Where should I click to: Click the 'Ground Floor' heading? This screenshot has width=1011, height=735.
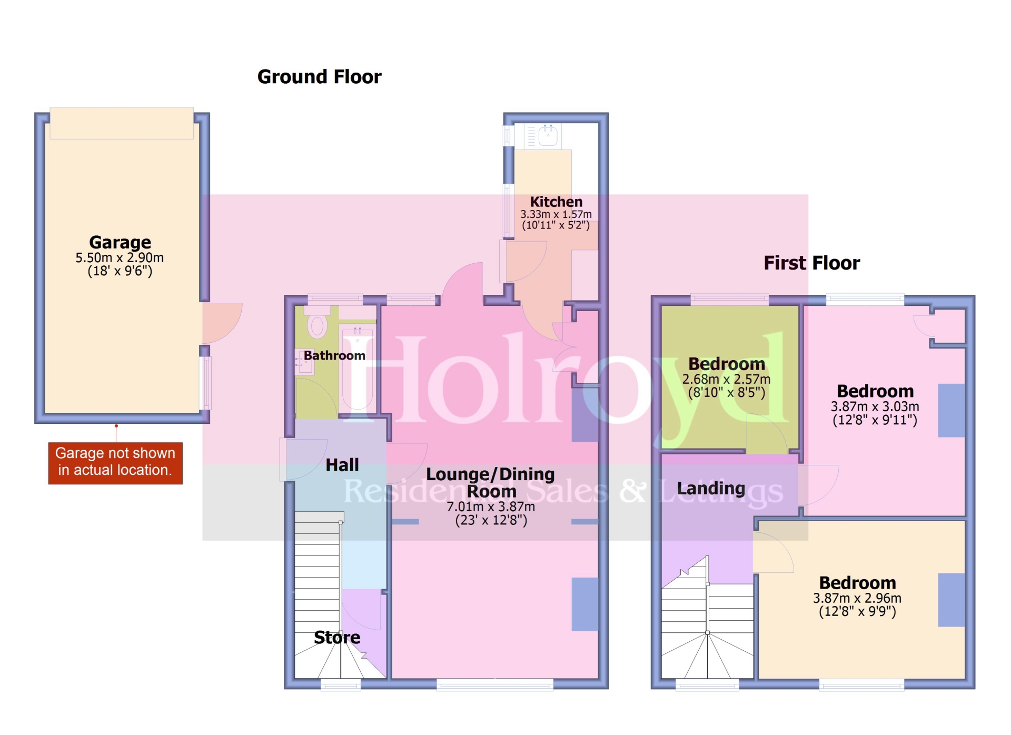[x=319, y=77]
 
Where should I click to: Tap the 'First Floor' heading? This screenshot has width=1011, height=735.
[x=811, y=263]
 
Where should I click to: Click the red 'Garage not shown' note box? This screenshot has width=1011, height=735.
[x=115, y=463]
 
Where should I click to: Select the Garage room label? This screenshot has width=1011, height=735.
[x=120, y=242]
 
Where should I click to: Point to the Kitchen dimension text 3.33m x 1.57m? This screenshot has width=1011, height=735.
[x=556, y=214]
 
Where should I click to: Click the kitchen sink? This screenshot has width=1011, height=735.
[x=548, y=135]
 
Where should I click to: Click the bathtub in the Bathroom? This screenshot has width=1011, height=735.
[x=358, y=369]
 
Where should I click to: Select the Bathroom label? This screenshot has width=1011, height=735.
[x=334, y=355]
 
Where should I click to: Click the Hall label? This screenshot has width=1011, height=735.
[x=342, y=465]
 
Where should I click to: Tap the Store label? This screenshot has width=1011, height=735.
[x=337, y=638]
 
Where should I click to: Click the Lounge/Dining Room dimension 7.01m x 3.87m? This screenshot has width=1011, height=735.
[x=491, y=506]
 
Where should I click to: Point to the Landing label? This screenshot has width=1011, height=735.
[x=711, y=489]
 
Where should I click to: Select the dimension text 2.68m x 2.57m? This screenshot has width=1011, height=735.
[x=726, y=379]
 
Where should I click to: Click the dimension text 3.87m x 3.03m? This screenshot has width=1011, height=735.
[x=875, y=406]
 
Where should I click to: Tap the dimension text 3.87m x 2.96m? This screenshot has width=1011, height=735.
[x=857, y=598]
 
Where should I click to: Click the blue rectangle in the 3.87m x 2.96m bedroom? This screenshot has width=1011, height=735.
[x=951, y=600]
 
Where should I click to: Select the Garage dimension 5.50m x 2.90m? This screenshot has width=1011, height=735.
[x=120, y=258]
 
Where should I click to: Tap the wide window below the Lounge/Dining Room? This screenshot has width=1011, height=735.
[x=494, y=684]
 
